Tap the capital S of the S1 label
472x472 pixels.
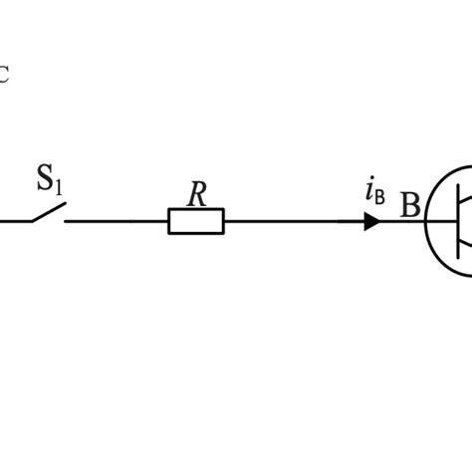pyautogui.click(x=46, y=180)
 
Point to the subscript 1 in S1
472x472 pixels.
pyautogui.click(x=59, y=186)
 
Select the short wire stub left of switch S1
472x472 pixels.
pyautogui.click(x=12, y=221)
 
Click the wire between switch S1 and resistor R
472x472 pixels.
pyautogui.click(x=115, y=221)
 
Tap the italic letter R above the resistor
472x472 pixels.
pyautogui.click(x=197, y=194)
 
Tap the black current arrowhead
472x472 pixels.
pyautogui.click(x=371, y=221)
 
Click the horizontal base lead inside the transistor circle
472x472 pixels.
pyautogui.click(x=438, y=221)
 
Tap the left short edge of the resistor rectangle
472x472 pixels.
pyautogui.click(x=169, y=221)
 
